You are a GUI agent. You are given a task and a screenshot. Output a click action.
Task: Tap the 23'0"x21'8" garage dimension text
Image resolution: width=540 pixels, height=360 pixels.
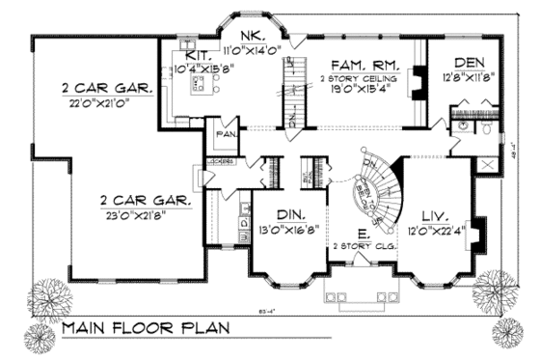[x=146, y=216]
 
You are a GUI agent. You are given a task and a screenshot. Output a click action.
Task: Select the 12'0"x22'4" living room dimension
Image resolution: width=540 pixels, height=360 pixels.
[x=435, y=230]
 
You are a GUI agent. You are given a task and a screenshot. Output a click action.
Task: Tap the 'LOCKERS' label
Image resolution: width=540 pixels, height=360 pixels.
[x=220, y=162]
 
